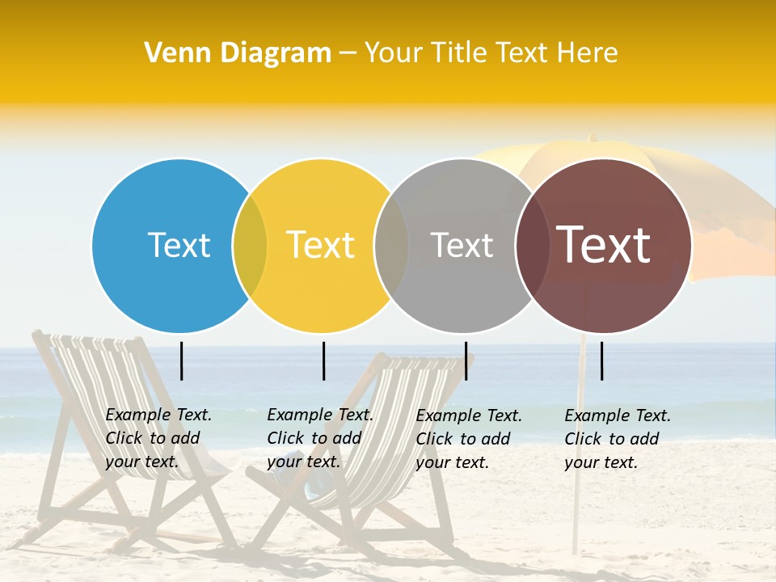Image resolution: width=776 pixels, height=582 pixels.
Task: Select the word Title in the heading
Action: pos(457,53)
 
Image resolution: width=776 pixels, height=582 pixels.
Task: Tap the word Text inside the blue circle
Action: pos(179,245)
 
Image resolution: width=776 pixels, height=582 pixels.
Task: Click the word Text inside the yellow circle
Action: pos(320,245)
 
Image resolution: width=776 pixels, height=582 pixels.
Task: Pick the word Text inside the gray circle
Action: pos(462,245)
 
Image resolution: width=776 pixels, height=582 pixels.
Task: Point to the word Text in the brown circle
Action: pos(603,245)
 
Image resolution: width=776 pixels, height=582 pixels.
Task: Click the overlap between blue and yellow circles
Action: pos(250,246)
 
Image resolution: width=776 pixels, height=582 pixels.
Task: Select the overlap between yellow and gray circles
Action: pos(391,246)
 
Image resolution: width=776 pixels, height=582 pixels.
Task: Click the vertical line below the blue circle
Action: pos(182,361)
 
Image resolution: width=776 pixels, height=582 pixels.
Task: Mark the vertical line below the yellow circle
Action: pos(323,361)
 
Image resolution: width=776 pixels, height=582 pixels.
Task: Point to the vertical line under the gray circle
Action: pos(466,361)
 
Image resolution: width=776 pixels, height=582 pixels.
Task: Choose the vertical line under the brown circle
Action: pos(602,361)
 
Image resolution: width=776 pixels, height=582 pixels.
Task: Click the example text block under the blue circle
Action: pos(158,438)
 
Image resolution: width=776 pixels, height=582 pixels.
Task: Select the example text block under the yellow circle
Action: pos(319,438)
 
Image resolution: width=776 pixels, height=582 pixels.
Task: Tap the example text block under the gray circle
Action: pos(468,439)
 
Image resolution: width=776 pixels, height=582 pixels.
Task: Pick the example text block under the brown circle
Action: pos(617,439)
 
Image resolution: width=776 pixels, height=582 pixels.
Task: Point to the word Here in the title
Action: pos(587,53)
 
